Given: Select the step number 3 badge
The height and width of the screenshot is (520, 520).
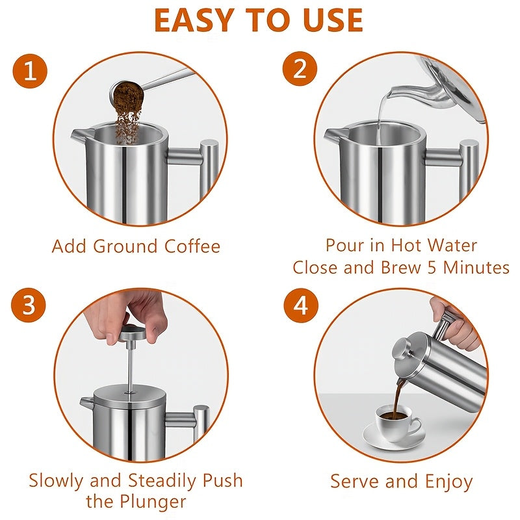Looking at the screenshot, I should tap(29, 305).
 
